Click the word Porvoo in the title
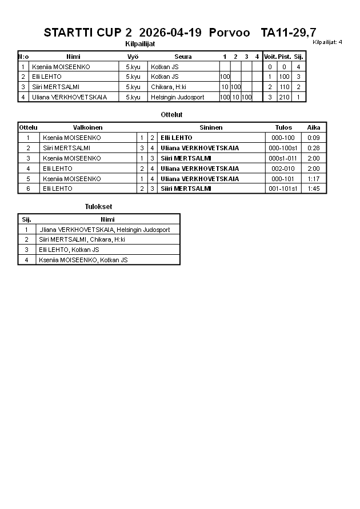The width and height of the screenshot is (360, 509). pos(229,33)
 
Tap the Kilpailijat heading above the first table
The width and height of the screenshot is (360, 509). pos(140,43)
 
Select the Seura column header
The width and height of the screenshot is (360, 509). pos(183,57)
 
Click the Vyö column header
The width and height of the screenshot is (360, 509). pos(133,57)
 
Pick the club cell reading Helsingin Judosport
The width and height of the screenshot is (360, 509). pos(177,97)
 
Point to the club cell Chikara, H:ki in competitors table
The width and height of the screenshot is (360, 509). pos(169,87)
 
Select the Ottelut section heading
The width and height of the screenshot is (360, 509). pos(171,115)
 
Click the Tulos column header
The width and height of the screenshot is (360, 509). pos(283,127)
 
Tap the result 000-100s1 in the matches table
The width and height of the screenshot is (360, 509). pos(283,148)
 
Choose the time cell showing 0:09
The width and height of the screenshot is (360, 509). pos(313,138)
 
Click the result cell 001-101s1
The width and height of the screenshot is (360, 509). pos(283,189)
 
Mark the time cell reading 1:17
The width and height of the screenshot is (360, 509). pos(313,178)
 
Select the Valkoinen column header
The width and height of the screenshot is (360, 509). pos(87,127)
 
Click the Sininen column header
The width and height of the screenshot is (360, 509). pos(211,127)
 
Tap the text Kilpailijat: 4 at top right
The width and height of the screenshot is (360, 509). pos(327,42)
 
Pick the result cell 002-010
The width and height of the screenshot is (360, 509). pos(283,169)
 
